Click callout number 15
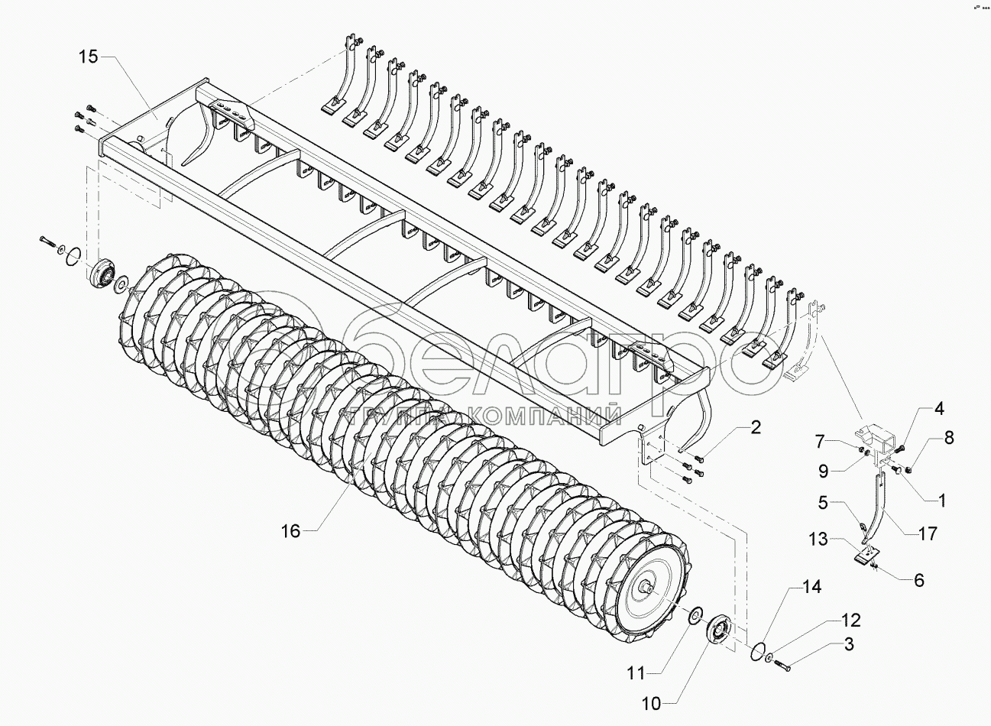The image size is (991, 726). click(x=88, y=58)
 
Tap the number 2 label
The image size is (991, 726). click(x=755, y=428)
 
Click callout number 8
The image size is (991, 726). click(x=949, y=439)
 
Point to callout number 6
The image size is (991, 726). click(x=918, y=580)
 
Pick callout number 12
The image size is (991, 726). click(x=851, y=620)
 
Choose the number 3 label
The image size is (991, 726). click(x=848, y=646)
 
